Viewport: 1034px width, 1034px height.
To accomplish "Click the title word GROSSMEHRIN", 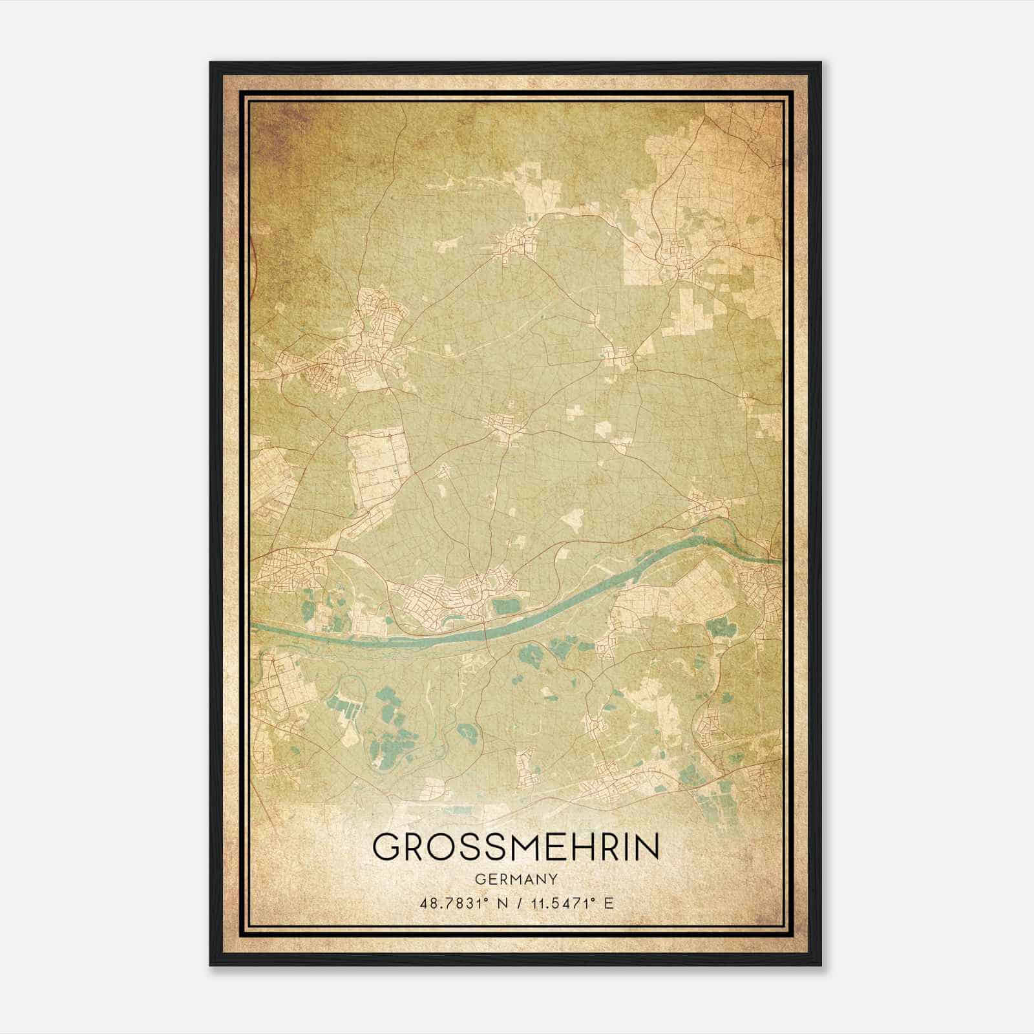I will [x=516, y=847].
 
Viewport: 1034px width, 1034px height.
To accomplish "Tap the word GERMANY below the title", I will [x=516, y=879].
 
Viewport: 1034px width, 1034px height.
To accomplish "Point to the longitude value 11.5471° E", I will [x=569, y=903].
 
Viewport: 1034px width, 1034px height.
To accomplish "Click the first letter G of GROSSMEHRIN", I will [x=386, y=847].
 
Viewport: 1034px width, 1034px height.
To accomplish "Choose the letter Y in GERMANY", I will [x=552, y=879].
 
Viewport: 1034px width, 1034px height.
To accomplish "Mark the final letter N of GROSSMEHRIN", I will [x=648, y=847].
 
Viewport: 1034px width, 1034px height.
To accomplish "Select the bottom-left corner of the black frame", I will [x=211, y=965].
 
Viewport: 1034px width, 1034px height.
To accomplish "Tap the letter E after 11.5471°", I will [x=607, y=903].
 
